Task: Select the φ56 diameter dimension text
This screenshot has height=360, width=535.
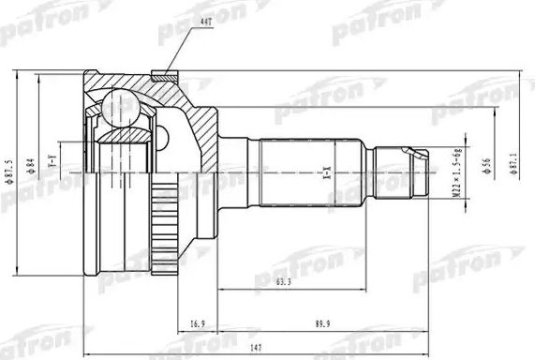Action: (x=486, y=166)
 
